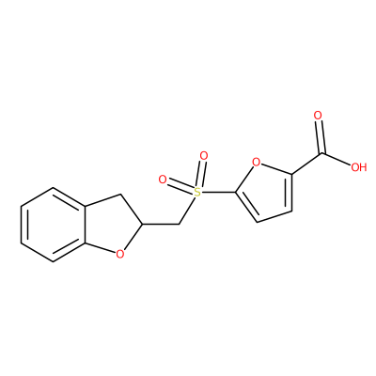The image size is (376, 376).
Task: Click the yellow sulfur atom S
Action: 196,192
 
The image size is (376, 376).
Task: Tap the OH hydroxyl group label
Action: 358,167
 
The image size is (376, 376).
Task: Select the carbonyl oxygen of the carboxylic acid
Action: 318,116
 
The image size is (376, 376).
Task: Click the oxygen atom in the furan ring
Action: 257,163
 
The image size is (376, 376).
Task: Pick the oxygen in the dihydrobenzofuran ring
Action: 119,254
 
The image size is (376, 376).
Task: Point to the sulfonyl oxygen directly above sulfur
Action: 204,156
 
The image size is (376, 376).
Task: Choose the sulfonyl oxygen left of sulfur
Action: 163,180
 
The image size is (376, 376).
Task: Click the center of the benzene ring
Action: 53,225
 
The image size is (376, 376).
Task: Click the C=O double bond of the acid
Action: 320,137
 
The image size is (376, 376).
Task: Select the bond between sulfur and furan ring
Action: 218,192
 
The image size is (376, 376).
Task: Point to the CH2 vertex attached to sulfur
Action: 179,224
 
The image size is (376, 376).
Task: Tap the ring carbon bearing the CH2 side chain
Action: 143,225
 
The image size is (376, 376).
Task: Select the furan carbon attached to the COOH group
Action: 291,173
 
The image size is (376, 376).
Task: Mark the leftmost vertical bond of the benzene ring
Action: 22,225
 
